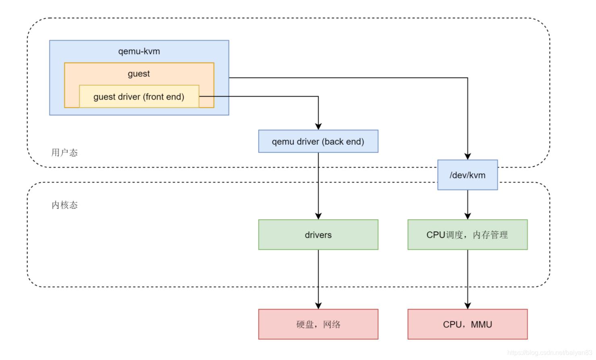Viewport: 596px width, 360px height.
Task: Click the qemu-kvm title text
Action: tap(139, 52)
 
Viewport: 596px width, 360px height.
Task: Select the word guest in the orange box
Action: tap(139, 74)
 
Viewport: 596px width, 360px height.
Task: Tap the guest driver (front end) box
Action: tap(139, 97)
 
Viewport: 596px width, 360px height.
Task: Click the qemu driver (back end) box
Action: tap(318, 142)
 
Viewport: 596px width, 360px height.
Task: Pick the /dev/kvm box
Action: tap(467, 175)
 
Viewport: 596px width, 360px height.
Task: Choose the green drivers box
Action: tap(318, 235)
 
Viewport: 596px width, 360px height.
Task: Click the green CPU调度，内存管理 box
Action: tap(467, 235)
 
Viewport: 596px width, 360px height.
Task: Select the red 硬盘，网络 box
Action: tap(318, 324)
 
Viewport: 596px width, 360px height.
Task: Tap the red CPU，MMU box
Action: tap(467, 324)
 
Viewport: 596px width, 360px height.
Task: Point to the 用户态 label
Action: tap(64, 153)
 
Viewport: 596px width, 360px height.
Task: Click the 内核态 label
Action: tap(64, 205)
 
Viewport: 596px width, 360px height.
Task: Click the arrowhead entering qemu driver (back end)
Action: tap(318, 127)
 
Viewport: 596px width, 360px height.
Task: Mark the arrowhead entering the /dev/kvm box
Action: tap(467, 156)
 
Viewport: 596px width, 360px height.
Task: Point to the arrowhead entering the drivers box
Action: tap(318, 216)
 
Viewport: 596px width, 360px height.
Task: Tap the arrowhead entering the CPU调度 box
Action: tap(467, 216)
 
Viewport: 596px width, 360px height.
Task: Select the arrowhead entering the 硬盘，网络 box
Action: tap(318, 306)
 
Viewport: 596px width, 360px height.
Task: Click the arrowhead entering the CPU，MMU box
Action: tap(467, 306)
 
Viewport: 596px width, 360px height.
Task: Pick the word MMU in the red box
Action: tap(482, 325)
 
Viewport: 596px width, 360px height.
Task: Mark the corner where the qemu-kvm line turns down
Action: tap(467, 78)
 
